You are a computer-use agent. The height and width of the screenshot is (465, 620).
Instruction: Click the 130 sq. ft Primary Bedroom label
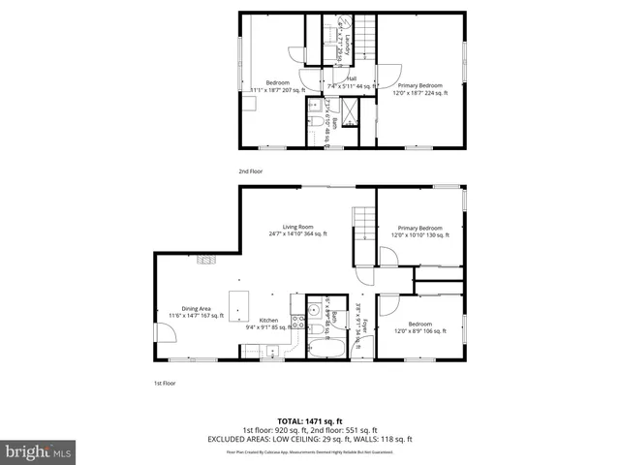coord(419,232)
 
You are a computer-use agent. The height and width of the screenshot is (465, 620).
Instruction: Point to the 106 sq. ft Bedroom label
coord(419,327)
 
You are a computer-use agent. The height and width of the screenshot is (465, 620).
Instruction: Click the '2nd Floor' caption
coord(250,170)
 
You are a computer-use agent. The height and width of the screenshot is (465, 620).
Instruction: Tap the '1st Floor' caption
coord(165,382)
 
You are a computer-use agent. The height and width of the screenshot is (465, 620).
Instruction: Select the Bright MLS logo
coord(39,451)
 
